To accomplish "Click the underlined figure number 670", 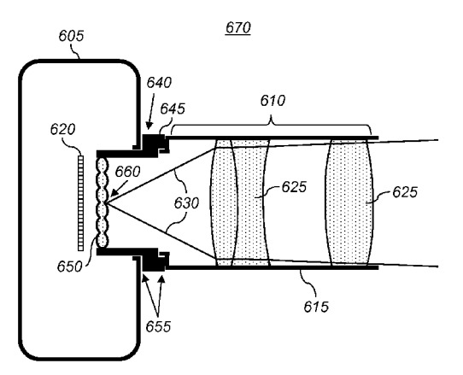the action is (238, 28).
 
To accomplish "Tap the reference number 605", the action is (71, 36).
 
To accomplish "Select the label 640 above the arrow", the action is (159, 83).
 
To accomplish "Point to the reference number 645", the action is (173, 109).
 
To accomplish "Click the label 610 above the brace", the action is (273, 101).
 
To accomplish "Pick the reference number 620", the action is (62, 129).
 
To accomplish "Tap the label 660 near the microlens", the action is (127, 172).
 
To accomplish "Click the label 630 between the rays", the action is (186, 203).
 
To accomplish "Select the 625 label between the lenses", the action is (294, 187).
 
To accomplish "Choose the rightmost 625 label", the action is (405, 192).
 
